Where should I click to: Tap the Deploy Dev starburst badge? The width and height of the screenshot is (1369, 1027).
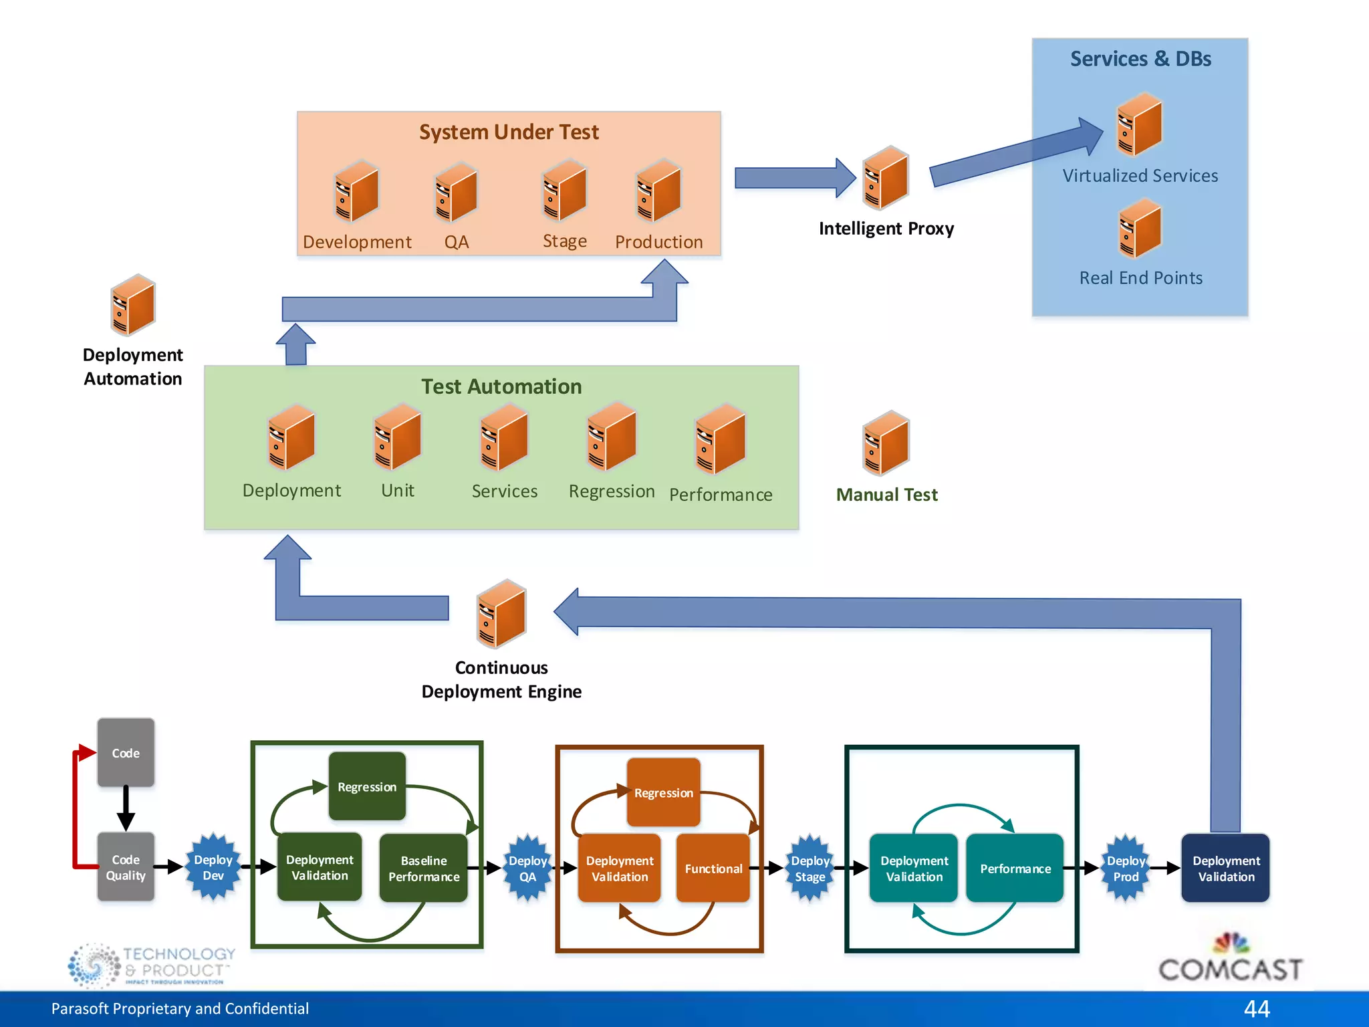point(213,867)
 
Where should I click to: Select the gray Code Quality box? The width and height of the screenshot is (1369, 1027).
point(126,867)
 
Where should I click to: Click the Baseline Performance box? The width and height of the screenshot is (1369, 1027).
point(424,868)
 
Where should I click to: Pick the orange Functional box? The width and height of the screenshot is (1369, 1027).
point(713,868)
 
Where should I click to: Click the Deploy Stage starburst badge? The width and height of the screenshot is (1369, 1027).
point(810,869)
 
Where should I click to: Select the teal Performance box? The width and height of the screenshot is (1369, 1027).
point(1015,868)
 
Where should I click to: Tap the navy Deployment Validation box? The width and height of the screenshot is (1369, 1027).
point(1225,868)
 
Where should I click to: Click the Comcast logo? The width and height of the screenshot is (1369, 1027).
point(1230,960)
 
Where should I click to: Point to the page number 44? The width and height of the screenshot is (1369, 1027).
point(1256,1008)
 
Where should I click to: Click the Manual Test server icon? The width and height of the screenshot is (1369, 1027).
point(886,443)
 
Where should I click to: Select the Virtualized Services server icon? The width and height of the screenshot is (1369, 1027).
point(1139,125)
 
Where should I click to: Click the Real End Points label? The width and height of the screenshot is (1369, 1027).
point(1140,277)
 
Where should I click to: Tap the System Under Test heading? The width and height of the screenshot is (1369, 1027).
point(509,132)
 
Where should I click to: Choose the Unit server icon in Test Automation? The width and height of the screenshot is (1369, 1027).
point(397,437)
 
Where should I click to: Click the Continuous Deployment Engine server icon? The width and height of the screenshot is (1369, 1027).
point(501,614)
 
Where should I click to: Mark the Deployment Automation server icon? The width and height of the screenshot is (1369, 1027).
point(132,305)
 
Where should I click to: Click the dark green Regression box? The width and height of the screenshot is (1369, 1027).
point(367,786)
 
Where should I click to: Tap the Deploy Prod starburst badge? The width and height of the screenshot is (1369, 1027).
point(1126,869)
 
